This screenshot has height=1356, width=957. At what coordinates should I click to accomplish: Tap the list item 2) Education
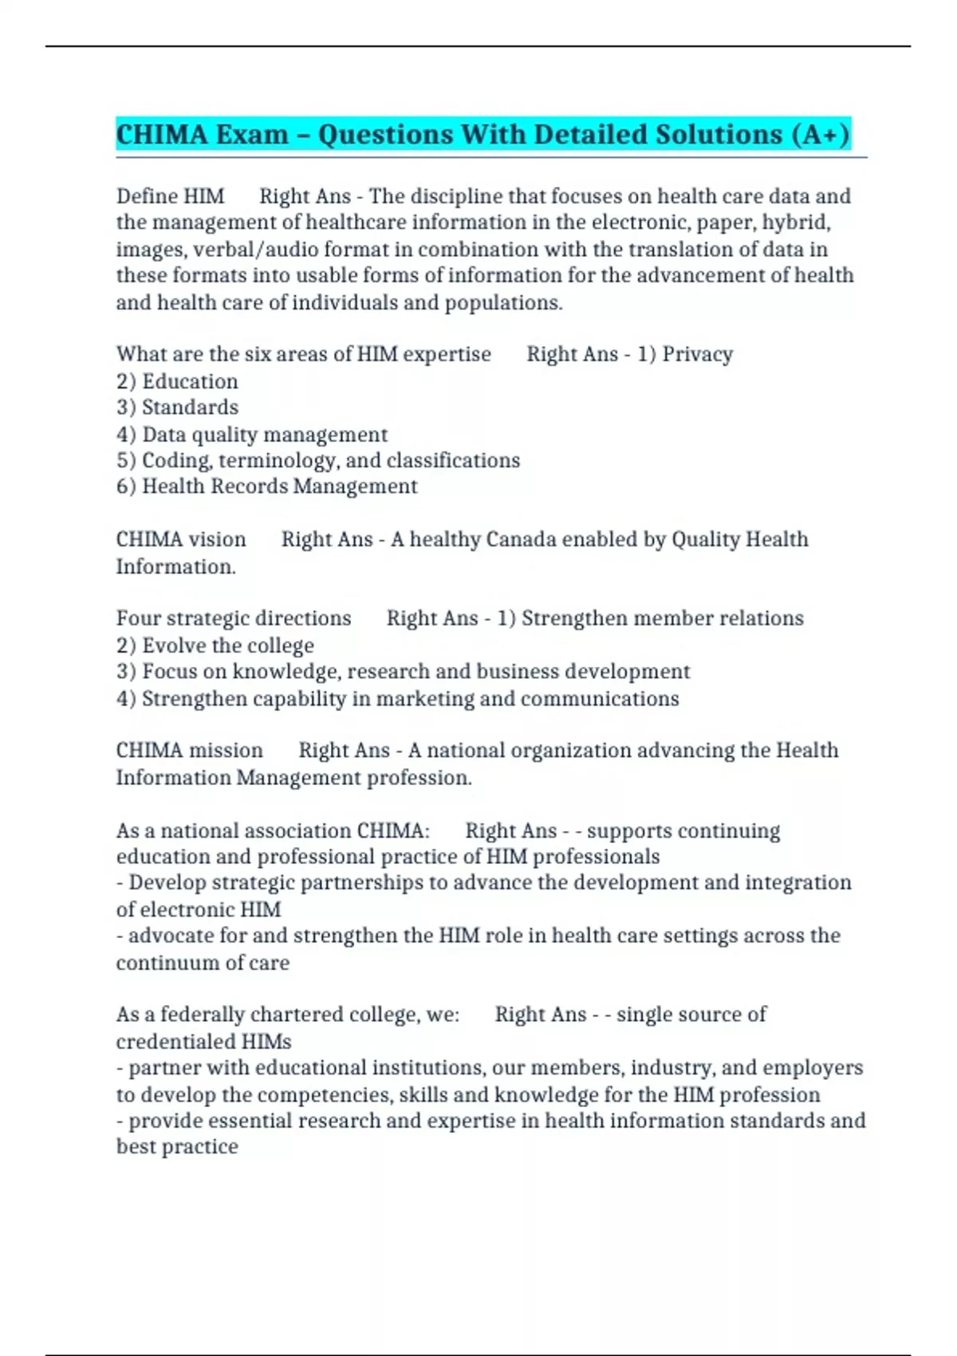(177, 381)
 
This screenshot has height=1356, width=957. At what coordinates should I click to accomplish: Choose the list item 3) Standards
(177, 408)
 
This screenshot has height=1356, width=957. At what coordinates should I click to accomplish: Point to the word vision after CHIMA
(217, 540)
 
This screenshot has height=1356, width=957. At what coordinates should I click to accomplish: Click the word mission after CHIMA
(226, 751)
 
